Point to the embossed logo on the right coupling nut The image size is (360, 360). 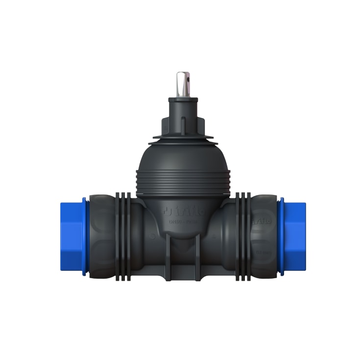click(263, 221)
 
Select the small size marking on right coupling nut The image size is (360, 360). click(265, 252)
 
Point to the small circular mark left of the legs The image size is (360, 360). click(153, 237)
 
